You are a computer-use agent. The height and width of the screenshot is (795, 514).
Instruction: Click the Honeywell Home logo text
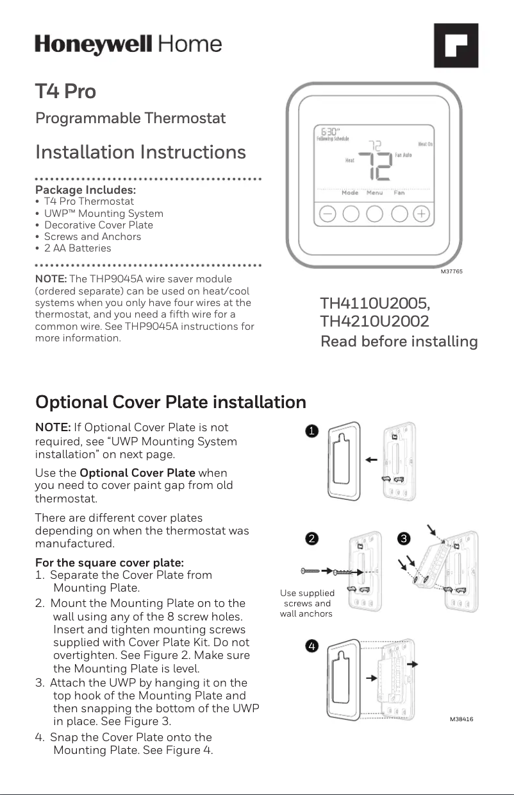coord(128,45)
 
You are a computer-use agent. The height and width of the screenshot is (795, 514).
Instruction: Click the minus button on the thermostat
coord(327,214)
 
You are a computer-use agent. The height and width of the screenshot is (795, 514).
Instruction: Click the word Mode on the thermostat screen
coord(350,192)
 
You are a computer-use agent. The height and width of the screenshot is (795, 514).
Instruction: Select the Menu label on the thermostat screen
coord(374,192)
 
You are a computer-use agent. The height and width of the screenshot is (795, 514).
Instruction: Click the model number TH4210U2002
coord(375,321)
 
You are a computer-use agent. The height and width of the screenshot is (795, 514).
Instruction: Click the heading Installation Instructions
coord(140,153)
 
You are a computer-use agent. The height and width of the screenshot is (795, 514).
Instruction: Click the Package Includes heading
coord(85,191)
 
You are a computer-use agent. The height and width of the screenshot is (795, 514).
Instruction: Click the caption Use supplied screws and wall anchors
coord(307,603)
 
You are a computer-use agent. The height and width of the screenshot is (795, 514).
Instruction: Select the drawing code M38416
coord(461,720)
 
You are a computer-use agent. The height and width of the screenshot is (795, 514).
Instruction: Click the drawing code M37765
coord(451,272)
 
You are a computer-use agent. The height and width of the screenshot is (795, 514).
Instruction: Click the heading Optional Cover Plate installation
coord(170,402)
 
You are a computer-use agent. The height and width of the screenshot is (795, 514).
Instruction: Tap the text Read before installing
coord(399,341)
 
